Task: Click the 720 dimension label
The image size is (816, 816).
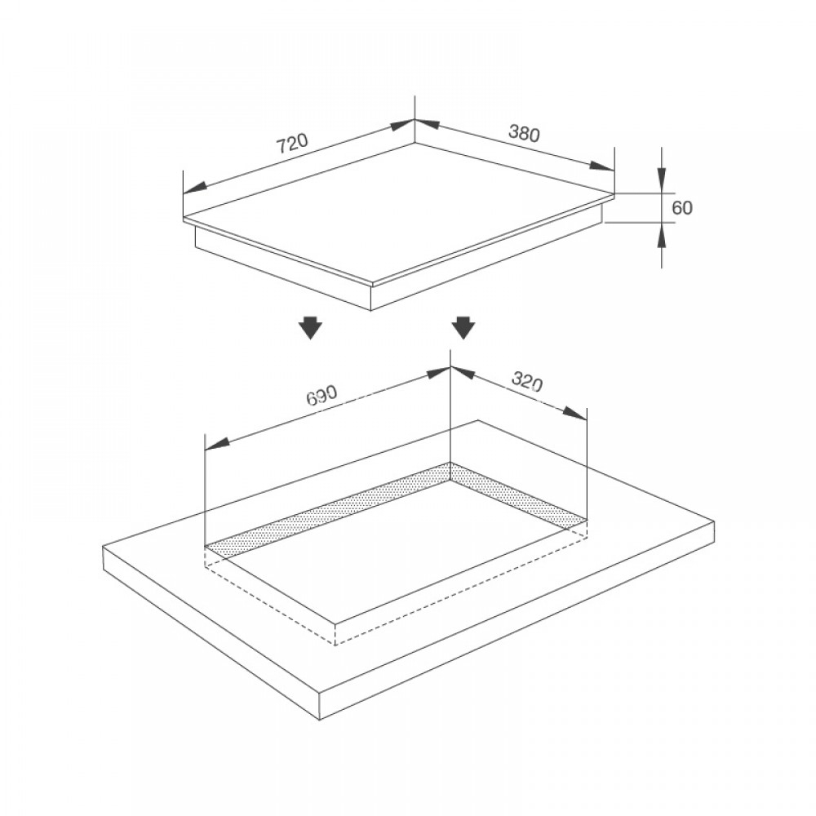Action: click(x=292, y=144)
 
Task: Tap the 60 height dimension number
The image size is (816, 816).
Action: click(x=682, y=208)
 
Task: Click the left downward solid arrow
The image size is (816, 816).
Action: click(x=310, y=328)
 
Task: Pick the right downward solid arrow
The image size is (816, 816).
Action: click(x=463, y=328)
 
